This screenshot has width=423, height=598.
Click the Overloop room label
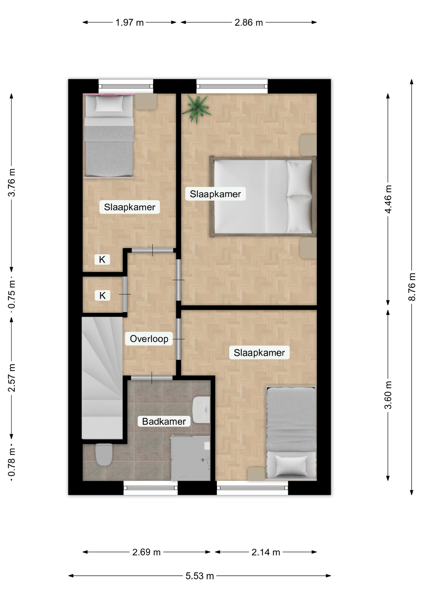coord(149,339)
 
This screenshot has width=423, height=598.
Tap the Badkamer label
coord(164,421)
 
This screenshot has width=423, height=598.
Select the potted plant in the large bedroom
coord(197,109)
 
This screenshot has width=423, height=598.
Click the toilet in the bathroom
coord(104,454)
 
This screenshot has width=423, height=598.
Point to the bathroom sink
coord(201,410)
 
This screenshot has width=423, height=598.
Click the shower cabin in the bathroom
coord(191,458)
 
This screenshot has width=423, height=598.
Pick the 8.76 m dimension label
coord(412,287)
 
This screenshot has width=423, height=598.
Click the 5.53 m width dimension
coord(200,576)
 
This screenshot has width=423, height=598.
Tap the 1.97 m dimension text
coord(130,22)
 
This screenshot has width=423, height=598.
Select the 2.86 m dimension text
coord(249,22)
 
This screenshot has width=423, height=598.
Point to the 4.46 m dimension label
coord(388,199)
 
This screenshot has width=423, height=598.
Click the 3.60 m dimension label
coord(388,395)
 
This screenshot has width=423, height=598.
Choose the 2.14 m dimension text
coord(266,552)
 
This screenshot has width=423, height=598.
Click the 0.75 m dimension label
coord(12,295)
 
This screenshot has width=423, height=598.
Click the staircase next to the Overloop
coord(102,378)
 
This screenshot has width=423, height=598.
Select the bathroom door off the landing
coord(152,378)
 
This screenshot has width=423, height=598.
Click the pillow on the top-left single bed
coord(109,103)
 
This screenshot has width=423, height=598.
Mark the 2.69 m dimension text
coord(146,552)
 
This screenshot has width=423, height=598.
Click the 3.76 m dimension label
coord(12,183)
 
